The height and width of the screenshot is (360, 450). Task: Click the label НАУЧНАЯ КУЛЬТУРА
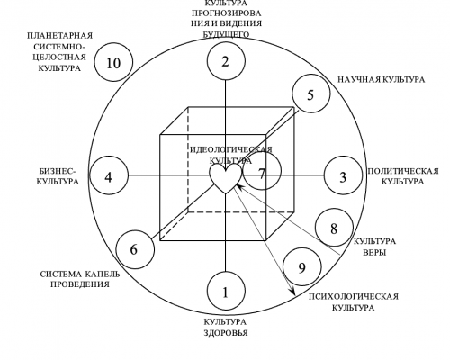[x=382, y=80]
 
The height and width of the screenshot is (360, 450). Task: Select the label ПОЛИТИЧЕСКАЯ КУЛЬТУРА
[x=403, y=176]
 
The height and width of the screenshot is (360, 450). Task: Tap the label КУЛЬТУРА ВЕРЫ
[x=375, y=247]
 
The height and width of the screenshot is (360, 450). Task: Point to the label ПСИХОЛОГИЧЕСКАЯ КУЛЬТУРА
[x=354, y=302]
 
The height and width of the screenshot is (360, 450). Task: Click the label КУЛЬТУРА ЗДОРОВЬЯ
[x=226, y=328]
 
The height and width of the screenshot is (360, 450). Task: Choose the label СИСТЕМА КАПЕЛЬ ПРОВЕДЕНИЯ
[x=80, y=279]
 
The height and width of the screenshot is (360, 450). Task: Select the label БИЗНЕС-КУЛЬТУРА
[x=58, y=176]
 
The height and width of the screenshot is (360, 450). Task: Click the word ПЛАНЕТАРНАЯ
[x=60, y=36]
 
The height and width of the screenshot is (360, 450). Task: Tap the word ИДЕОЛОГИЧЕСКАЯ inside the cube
[x=231, y=149]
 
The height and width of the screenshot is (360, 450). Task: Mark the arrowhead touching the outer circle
[x=292, y=292]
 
